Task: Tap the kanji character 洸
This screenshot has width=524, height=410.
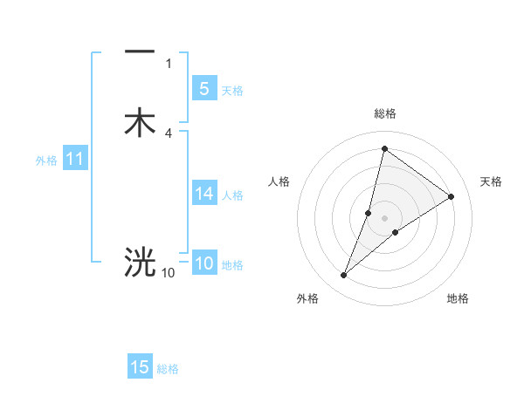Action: click(x=140, y=261)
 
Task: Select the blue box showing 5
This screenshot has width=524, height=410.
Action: click(x=203, y=88)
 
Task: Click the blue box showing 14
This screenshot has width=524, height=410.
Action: click(x=203, y=194)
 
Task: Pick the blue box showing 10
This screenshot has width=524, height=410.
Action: click(x=203, y=264)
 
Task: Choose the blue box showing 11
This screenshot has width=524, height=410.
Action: click(x=74, y=160)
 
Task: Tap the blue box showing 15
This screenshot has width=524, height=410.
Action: click(x=140, y=367)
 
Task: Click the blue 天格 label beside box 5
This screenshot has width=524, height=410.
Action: click(x=232, y=90)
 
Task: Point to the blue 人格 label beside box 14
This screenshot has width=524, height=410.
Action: click(x=232, y=195)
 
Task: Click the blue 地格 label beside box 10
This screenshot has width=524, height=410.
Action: click(x=232, y=265)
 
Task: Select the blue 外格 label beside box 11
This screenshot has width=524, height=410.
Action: click(x=46, y=161)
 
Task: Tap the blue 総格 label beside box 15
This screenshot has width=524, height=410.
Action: click(x=168, y=369)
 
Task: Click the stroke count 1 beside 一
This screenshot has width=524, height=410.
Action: click(x=169, y=64)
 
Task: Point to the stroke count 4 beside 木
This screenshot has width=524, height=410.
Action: click(x=169, y=133)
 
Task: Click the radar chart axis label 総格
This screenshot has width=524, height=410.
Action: click(x=384, y=113)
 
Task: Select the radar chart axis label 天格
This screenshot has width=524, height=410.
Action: click(x=491, y=181)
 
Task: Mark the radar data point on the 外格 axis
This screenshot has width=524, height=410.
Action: click(x=344, y=276)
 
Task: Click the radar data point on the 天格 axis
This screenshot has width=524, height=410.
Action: click(x=452, y=196)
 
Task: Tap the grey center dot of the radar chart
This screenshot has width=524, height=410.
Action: click(x=384, y=218)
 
